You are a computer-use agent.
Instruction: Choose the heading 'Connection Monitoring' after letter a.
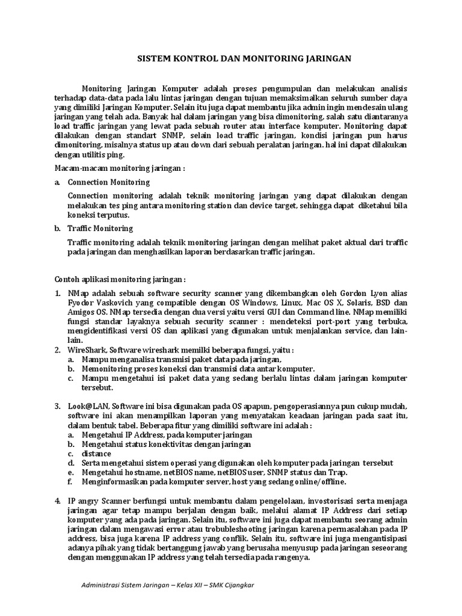pos(109,182)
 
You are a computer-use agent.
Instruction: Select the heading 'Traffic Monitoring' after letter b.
pos(100,229)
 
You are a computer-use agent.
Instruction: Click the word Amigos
pos(81,313)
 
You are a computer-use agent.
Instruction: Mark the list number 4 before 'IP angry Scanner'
pos(57,500)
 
